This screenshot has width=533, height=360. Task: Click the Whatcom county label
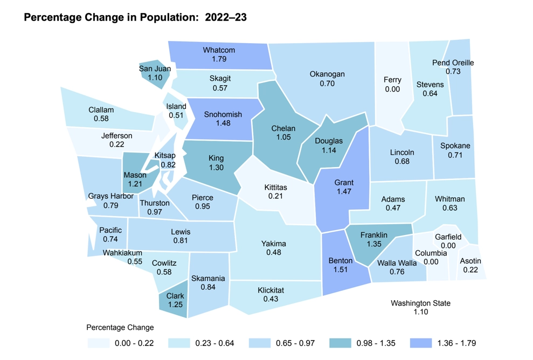click(219, 50)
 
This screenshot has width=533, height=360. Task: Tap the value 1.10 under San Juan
click(155, 78)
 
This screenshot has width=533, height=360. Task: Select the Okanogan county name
click(327, 74)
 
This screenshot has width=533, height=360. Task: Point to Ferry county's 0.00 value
click(392, 89)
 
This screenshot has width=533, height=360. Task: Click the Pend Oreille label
click(453, 63)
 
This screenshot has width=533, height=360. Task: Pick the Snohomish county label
click(223, 114)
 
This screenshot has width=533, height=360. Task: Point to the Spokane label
click(455, 146)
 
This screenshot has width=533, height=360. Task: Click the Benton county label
click(340, 261)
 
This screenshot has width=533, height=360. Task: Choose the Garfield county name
click(448, 237)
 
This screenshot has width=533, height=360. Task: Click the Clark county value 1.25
click(175, 304)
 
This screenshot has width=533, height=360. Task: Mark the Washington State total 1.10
click(420, 313)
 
